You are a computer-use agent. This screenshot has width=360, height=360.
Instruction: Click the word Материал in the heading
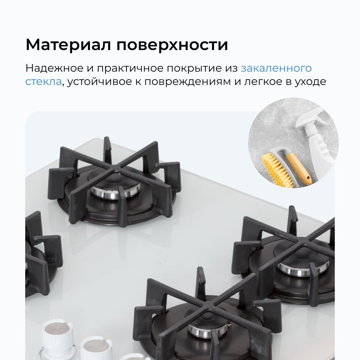click(68, 45)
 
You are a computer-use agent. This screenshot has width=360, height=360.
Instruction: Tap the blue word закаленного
click(276, 68)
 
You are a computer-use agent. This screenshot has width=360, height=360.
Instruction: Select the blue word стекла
click(43, 82)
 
